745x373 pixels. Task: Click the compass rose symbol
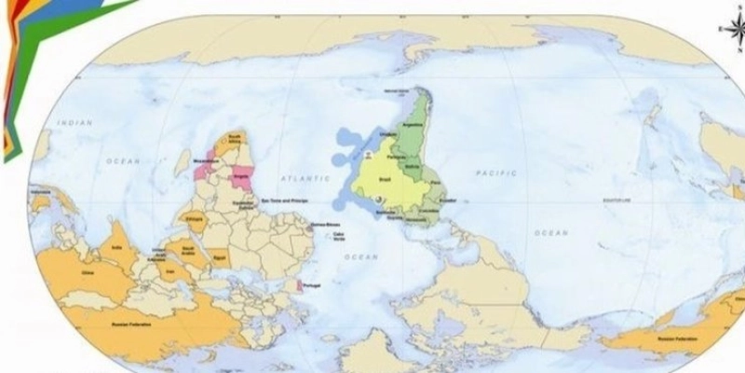[728, 28]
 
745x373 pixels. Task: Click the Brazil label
[386, 179]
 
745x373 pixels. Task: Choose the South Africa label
[234, 139]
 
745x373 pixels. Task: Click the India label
[117, 248]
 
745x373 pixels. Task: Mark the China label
[88, 274]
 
